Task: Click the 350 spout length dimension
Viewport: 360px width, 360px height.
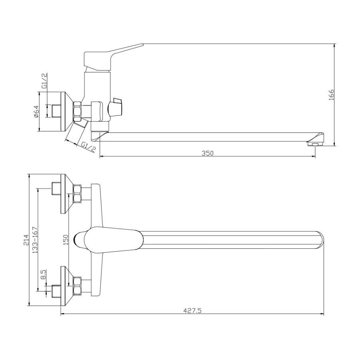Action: pos(207,153)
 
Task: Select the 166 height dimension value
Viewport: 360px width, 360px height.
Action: pos(331,94)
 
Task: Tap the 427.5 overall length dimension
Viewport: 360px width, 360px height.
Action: pos(192,311)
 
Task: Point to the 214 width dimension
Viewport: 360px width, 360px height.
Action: pos(26,240)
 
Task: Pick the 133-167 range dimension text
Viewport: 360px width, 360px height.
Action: pos(35,240)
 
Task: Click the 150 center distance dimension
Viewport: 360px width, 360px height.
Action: pos(66,240)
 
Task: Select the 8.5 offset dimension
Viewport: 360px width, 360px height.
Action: pos(43,274)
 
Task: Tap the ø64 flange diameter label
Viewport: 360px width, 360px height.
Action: pos(36,112)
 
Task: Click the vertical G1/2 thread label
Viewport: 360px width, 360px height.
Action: pos(44,80)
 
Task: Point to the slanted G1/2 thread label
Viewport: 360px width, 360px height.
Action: pos(88,147)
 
